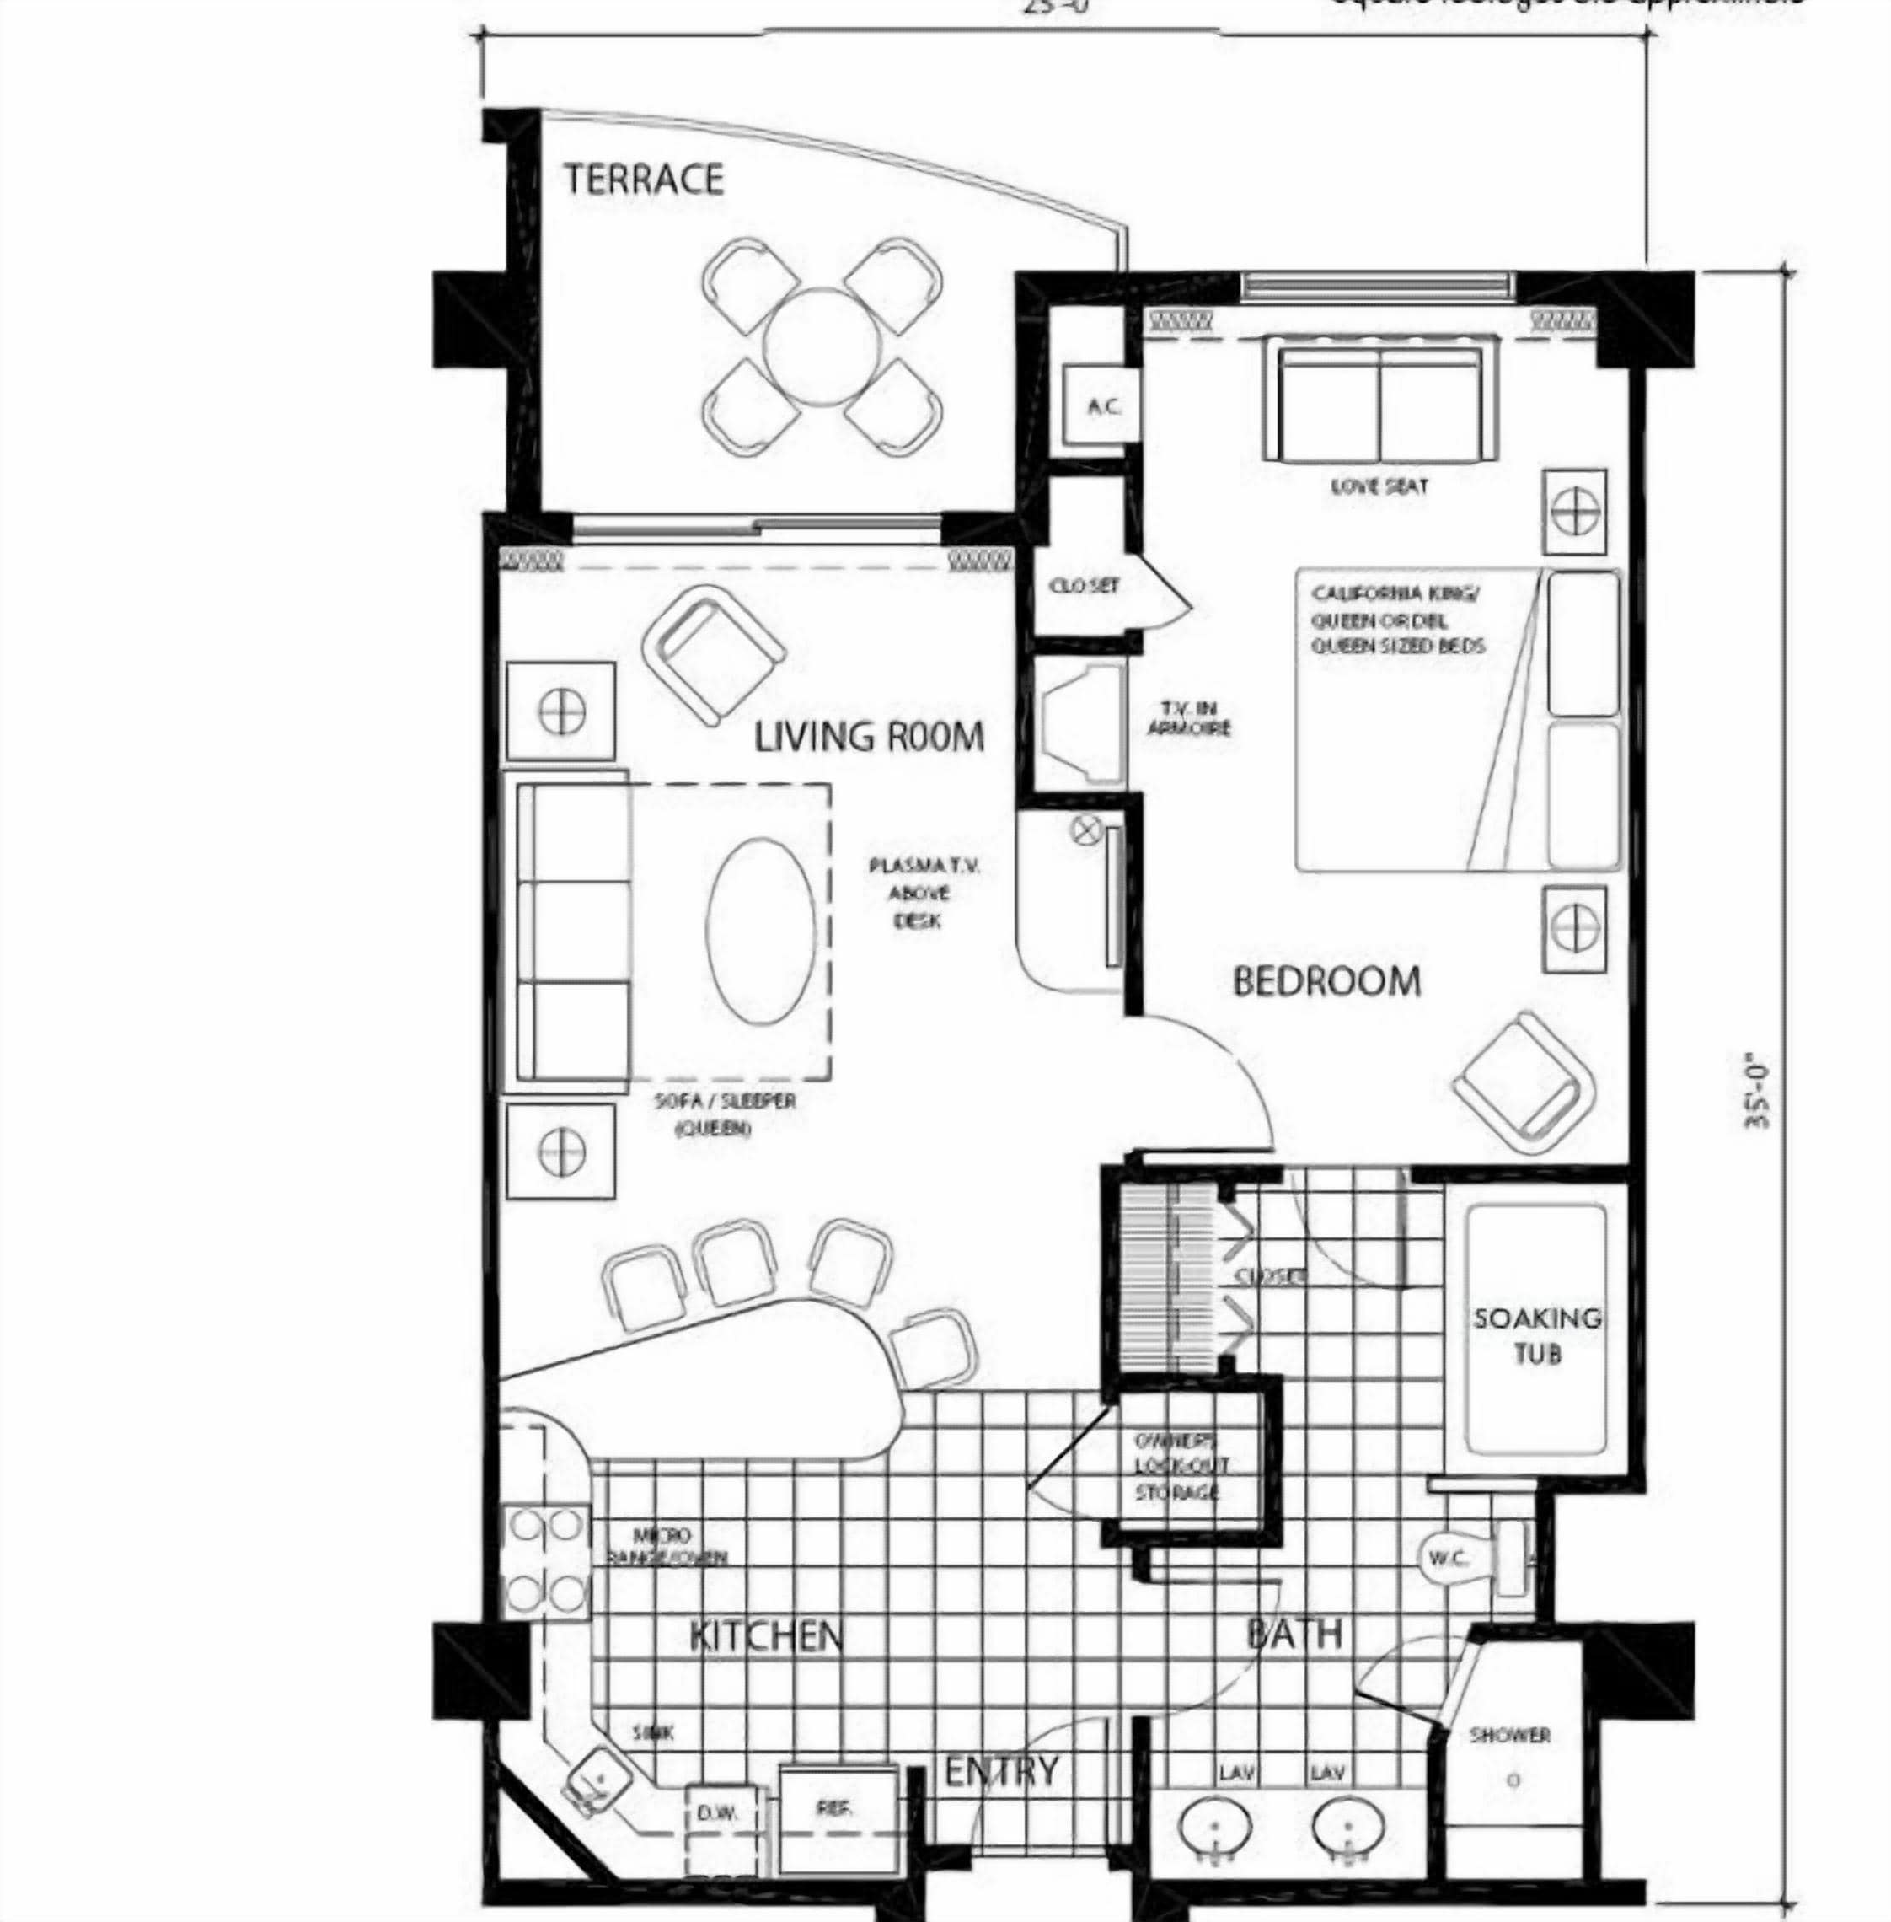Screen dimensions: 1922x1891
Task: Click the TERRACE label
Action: pyautogui.click(x=644, y=179)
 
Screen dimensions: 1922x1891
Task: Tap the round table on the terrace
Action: pyautogui.click(x=822, y=346)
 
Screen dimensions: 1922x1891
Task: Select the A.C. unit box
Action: pyautogui.click(x=1103, y=406)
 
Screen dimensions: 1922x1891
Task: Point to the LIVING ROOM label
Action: pyautogui.click(x=869, y=737)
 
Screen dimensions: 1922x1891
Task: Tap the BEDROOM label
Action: pyautogui.click(x=1327, y=981)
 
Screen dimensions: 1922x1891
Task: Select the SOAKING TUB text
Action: pyautogui.click(x=1536, y=1336)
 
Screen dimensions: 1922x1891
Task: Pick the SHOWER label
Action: pyautogui.click(x=1509, y=1735)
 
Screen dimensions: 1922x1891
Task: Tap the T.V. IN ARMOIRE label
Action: pyautogui.click(x=1189, y=718)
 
